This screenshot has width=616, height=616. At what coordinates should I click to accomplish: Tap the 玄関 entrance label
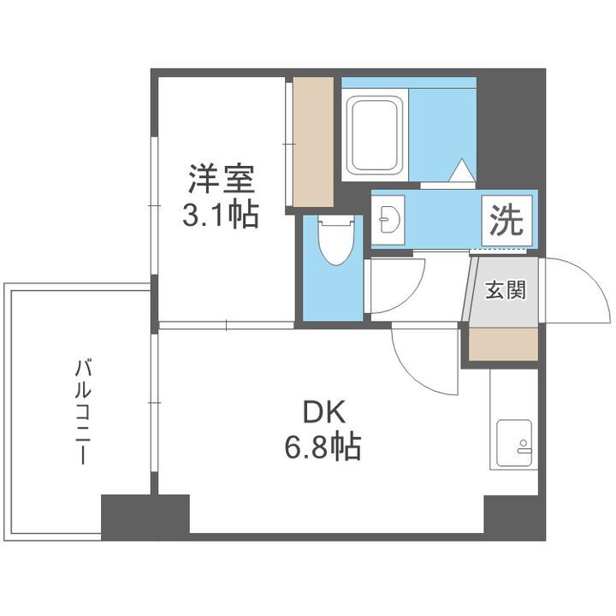click(x=506, y=290)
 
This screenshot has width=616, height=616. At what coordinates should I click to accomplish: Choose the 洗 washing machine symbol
click(x=506, y=222)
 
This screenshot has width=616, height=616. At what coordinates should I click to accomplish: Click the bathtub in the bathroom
click(x=375, y=137)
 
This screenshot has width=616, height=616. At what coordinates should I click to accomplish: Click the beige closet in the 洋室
click(x=313, y=141)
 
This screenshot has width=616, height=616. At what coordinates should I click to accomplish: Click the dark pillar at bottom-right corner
click(x=514, y=517)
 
